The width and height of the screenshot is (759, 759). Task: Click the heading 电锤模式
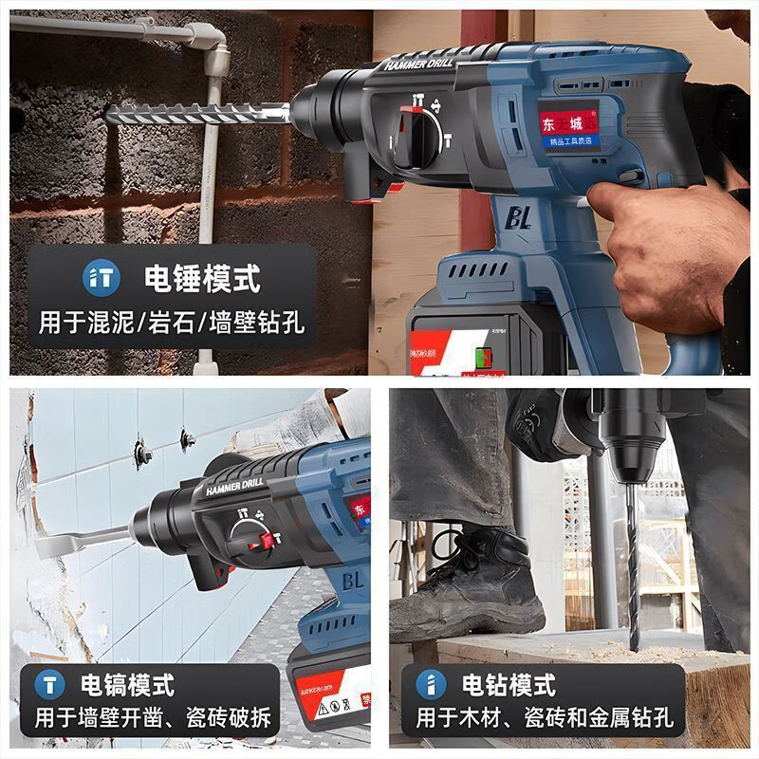click(x=201, y=278)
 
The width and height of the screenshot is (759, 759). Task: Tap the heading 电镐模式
click(x=127, y=684)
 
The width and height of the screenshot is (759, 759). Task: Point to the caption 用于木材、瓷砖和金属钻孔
click(x=545, y=718)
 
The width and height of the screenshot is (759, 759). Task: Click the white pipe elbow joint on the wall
click(x=210, y=43)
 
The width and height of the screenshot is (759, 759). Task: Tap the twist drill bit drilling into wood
click(x=632, y=569)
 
